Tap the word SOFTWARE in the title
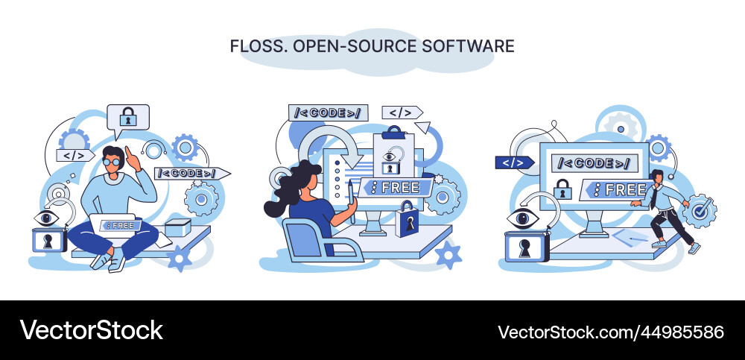[x=469, y=46]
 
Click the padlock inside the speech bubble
[x=128, y=117]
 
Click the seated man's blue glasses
[x=111, y=161]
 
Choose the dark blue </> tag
[x=514, y=162]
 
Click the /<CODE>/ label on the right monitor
[x=594, y=163]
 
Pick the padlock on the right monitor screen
[x=564, y=189]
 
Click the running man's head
[x=656, y=176]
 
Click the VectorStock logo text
[x=91, y=329]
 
